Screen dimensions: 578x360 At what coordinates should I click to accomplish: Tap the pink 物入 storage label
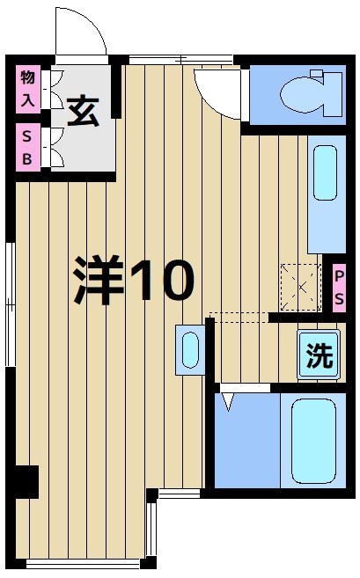(27, 88)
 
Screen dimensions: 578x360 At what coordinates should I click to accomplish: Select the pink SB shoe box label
(27, 147)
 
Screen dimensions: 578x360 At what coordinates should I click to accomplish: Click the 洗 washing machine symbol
(319, 355)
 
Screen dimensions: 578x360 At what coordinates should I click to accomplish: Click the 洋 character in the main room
(97, 280)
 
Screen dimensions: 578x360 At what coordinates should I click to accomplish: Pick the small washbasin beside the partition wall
(189, 349)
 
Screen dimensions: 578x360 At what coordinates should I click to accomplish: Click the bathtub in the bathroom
(313, 439)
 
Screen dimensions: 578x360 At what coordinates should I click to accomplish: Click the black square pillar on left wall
(26, 480)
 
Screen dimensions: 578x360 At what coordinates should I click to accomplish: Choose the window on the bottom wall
(84, 561)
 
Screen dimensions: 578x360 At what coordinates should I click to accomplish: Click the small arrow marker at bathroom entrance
(229, 401)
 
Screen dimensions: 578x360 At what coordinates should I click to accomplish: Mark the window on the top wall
(180, 59)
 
